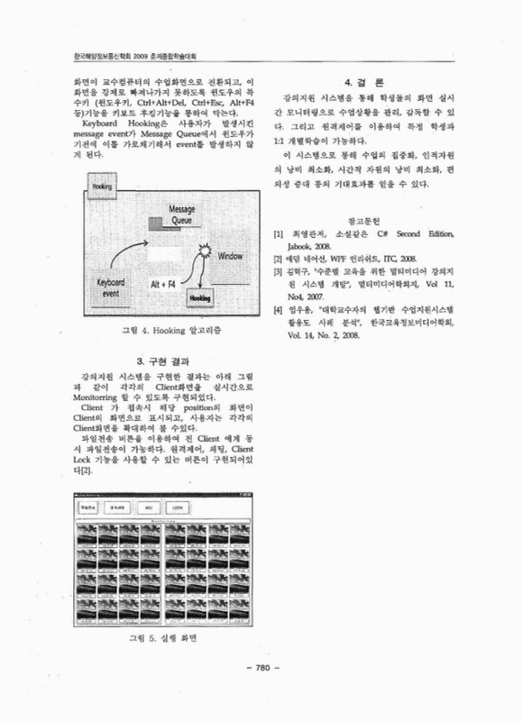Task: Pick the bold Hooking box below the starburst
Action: click(200, 295)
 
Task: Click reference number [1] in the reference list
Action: click(278, 233)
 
